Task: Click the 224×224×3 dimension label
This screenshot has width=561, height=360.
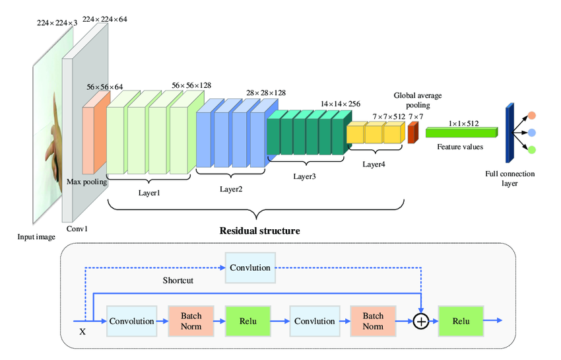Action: point(57,23)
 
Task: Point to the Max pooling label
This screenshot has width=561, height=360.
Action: point(86,181)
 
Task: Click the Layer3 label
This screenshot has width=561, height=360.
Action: point(305,177)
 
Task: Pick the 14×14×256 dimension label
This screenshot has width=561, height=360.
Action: point(341,104)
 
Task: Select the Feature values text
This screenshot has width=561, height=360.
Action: point(460,147)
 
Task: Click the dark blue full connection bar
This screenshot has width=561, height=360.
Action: point(510,132)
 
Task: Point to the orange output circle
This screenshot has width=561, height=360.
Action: point(532,116)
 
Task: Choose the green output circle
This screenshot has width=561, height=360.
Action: point(532,149)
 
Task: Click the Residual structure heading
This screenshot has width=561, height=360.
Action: point(259,231)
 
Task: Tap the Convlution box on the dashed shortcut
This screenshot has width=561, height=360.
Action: point(249,268)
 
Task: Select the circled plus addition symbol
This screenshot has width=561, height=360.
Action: point(420,321)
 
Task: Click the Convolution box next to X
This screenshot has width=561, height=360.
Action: point(132,321)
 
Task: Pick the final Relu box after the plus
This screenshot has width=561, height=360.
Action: point(461,321)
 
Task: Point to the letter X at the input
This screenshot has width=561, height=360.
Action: point(82,332)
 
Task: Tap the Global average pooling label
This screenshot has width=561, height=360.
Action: point(418,100)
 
